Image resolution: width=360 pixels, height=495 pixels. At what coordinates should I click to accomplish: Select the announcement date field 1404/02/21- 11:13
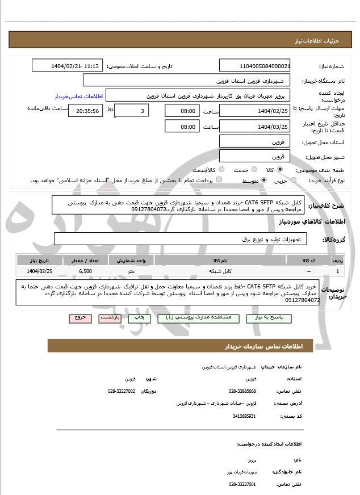coord(68,66)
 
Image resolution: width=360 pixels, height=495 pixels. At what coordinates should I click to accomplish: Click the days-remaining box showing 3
coord(132,111)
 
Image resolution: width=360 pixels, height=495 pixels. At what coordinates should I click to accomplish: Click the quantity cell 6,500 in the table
coord(86,271)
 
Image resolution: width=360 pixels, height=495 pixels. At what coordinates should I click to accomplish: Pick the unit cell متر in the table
coord(131,271)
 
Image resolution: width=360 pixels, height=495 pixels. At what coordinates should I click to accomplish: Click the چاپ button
coord(139,318)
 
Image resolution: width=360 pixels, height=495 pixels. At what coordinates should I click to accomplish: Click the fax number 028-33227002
coord(122,391)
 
